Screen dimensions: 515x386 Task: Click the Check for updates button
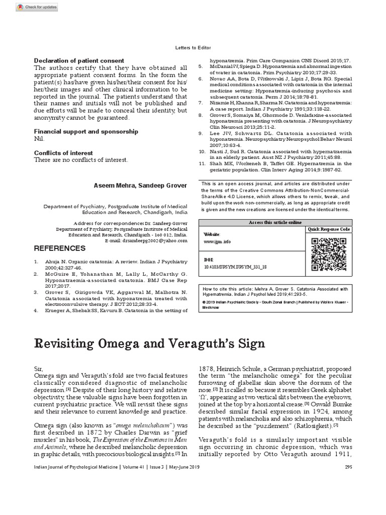[36, 7]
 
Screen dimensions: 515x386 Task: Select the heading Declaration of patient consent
[79, 61]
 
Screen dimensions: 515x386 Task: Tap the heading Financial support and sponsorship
[86, 131]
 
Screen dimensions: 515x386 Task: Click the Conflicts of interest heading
[63, 153]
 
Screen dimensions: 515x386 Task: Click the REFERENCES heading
[59, 248]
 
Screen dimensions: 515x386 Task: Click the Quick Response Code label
[329, 229]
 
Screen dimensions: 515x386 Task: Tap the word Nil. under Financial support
[39, 138]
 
